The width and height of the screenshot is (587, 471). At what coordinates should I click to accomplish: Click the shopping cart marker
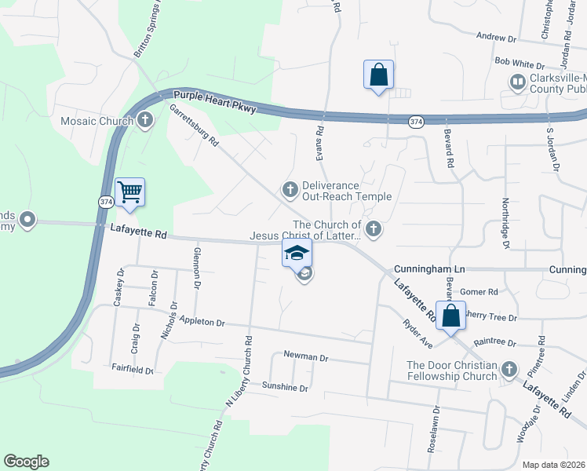pyautogui.click(x=129, y=192)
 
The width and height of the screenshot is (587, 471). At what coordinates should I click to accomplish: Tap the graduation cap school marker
pyautogui.click(x=297, y=253)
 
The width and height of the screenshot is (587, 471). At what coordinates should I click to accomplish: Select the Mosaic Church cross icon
pyautogui.click(x=144, y=121)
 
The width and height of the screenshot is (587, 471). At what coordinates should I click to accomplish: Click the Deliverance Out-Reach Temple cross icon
pyautogui.click(x=290, y=189)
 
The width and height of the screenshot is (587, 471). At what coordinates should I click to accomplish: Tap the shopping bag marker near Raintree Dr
pyautogui.click(x=451, y=316)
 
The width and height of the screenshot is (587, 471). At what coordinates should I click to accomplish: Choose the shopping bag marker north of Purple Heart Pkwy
pyautogui.click(x=378, y=75)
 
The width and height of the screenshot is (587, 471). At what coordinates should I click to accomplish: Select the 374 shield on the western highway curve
pyautogui.click(x=107, y=203)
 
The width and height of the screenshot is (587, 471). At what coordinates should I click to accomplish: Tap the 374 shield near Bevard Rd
pyautogui.click(x=416, y=121)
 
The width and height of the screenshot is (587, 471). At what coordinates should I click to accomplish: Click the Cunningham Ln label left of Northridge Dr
pyautogui.click(x=424, y=268)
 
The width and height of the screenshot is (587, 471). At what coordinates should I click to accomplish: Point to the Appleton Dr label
pyautogui.click(x=202, y=322)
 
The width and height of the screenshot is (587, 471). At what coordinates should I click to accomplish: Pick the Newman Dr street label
pyautogui.click(x=305, y=356)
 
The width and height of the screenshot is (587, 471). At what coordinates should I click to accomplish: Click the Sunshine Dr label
pyautogui.click(x=285, y=387)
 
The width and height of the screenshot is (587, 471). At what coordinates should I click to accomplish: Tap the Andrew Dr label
pyautogui.click(x=496, y=37)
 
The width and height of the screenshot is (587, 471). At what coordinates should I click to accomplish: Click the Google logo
pyautogui.click(x=26, y=462)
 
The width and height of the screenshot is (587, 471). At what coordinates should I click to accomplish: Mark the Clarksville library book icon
pyautogui.click(x=518, y=82)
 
